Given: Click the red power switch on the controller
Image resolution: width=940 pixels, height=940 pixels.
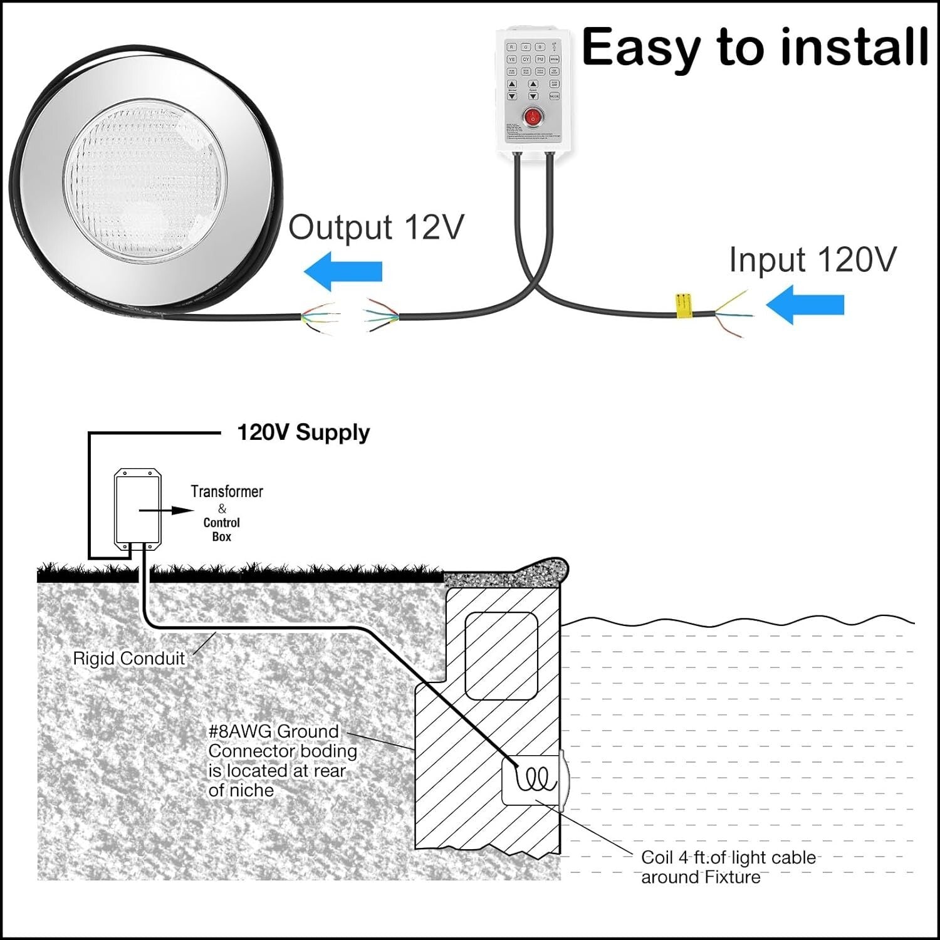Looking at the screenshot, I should (533, 117).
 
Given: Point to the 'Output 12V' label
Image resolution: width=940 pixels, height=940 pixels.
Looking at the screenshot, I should (376, 227).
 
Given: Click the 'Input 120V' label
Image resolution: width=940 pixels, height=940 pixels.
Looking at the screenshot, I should (812, 259).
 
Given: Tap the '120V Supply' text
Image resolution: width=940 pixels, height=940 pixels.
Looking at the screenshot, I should (303, 432).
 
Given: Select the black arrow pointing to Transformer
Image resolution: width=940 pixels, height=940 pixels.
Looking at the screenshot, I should (166, 511).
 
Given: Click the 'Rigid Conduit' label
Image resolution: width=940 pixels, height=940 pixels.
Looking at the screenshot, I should (129, 658).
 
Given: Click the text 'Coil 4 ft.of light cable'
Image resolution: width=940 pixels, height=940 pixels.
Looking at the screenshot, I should (728, 857).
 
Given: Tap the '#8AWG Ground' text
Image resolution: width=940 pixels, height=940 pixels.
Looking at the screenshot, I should (273, 731).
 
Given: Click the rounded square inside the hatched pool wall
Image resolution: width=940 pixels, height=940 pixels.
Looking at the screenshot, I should (501, 655).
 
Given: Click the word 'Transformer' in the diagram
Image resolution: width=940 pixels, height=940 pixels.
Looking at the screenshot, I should (227, 491).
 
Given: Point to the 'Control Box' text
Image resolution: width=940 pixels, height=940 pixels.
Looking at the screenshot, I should (221, 530).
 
